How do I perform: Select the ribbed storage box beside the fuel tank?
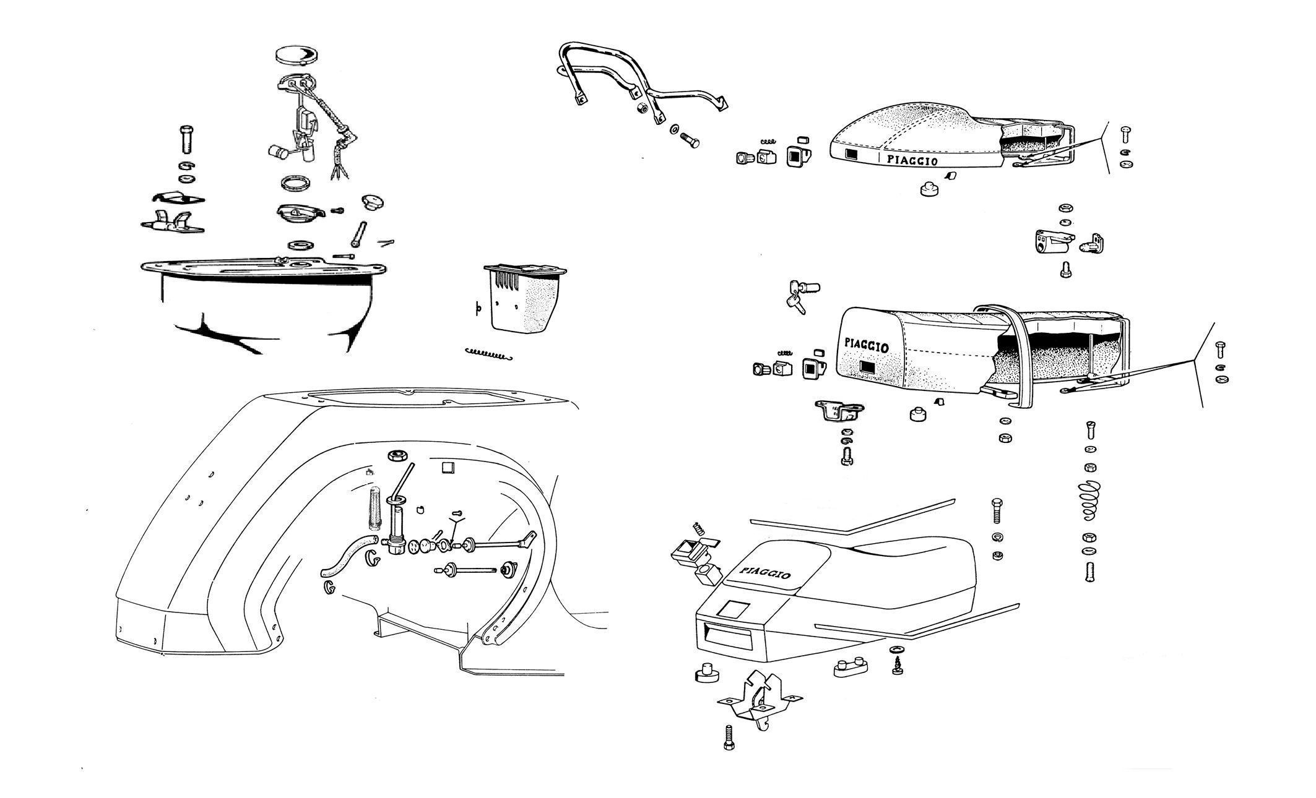coord(523,297)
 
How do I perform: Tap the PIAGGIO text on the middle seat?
coord(867,345)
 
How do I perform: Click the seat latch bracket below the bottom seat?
coord(760,701)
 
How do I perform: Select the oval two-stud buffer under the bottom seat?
coord(849,668)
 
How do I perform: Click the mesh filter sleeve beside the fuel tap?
coord(376,508)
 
